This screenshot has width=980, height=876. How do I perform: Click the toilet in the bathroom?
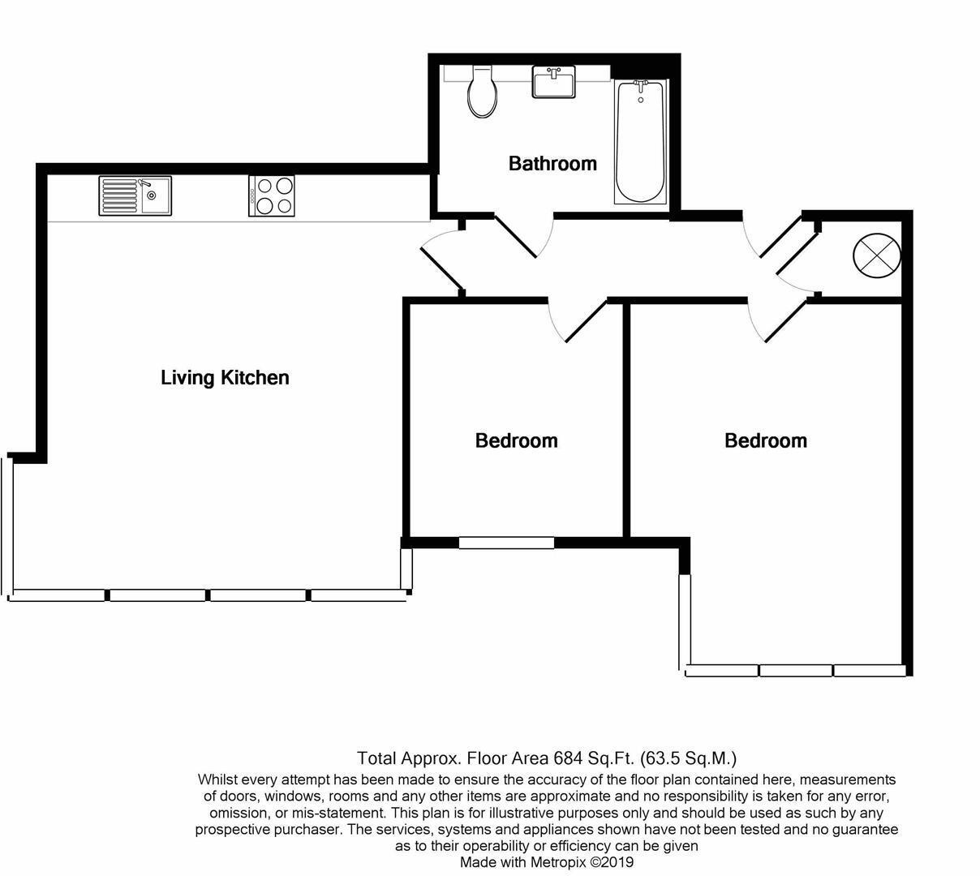483,94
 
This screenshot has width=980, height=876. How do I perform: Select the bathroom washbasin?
554,83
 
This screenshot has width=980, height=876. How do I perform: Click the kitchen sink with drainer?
135,195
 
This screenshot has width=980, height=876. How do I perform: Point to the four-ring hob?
271,195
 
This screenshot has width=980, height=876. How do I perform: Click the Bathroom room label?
552,164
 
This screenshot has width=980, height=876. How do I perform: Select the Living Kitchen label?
225,378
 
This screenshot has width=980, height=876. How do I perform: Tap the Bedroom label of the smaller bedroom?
516,441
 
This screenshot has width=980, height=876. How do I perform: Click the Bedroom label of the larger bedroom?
765,441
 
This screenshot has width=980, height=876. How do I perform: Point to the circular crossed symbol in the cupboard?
876,255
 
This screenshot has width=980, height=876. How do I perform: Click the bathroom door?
517,236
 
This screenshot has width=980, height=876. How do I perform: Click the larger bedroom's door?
784,320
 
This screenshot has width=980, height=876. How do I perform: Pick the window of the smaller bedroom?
506,543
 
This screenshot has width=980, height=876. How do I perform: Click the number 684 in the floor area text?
569,758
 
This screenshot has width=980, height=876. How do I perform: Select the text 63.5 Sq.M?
688,758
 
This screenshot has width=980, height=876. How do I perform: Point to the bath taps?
640,84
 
